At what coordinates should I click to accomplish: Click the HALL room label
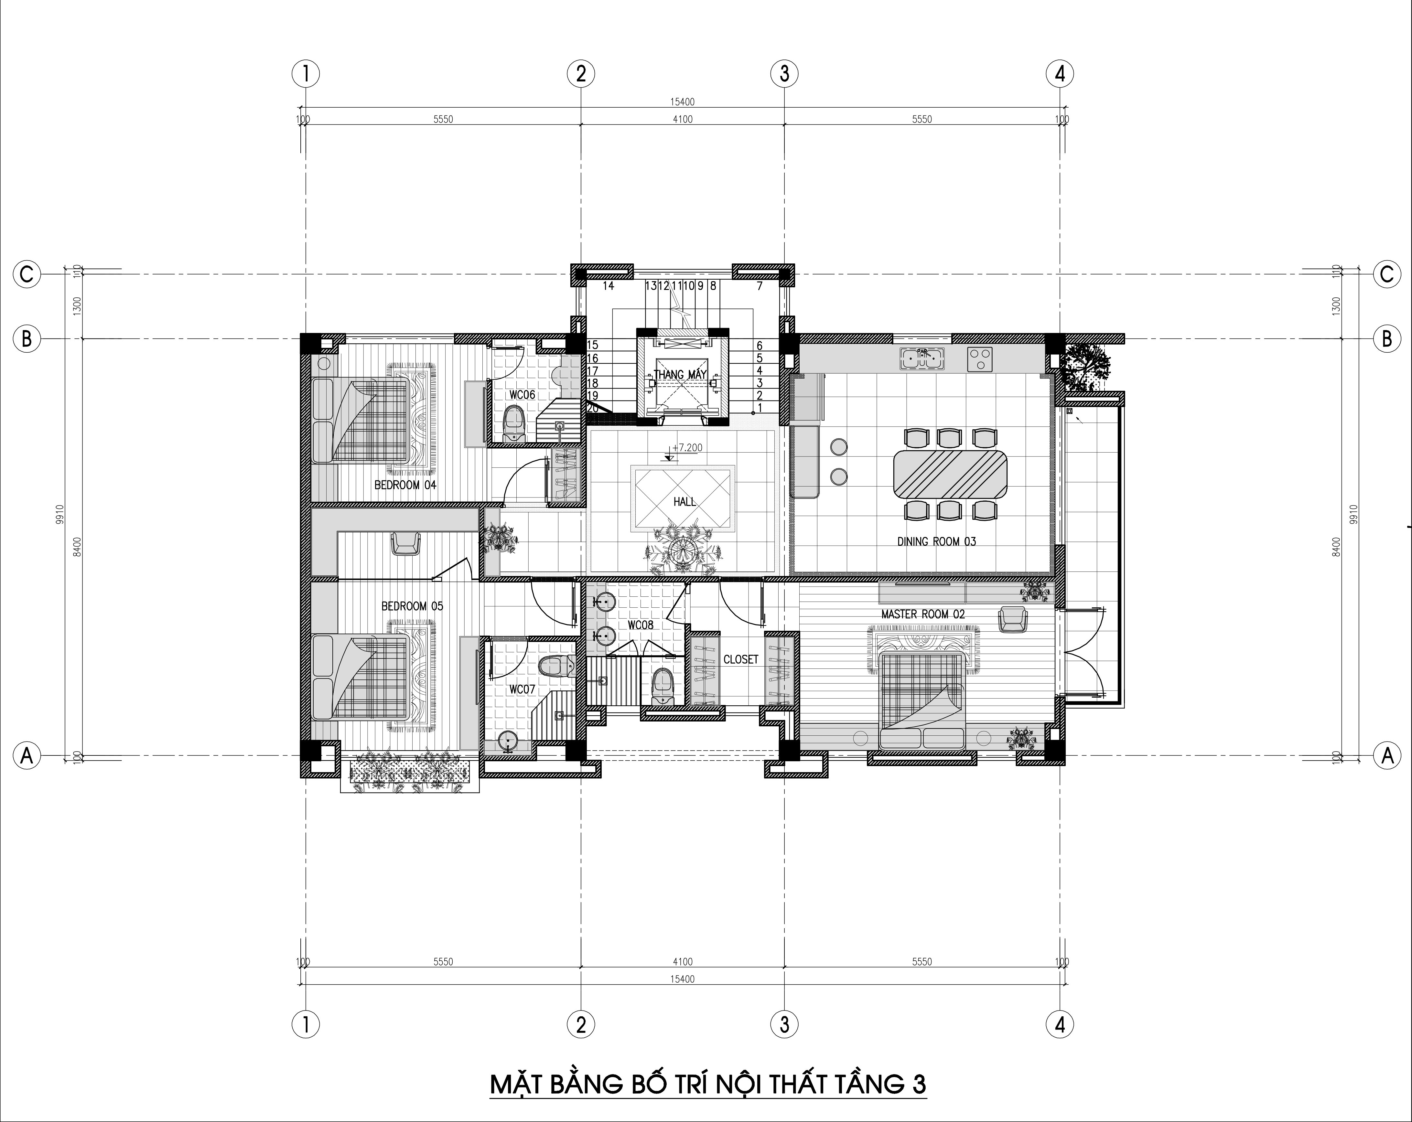tap(684, 501)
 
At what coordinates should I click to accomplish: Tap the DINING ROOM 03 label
tap(936, 541)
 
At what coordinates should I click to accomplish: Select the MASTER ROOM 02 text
tap(923, 614)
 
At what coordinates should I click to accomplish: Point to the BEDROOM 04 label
tap(405, 485)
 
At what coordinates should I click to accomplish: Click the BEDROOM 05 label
tap(412, 606)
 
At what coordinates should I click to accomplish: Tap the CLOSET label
tap(741, 659)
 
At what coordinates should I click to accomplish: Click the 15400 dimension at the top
tap(683, 102)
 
